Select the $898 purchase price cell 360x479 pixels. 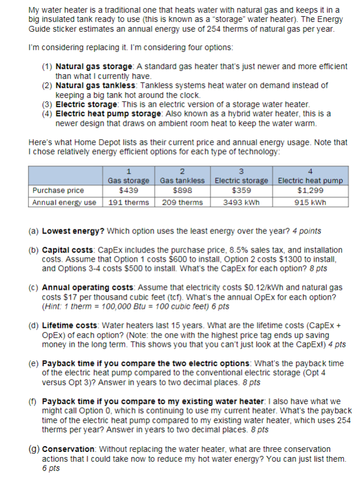[x=182, y=190]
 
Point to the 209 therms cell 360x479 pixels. [x=182, y=202]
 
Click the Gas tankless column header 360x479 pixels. [x=182, y=180]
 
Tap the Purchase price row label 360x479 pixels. [x=58, y=190]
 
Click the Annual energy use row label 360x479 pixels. [x=64, y=202]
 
